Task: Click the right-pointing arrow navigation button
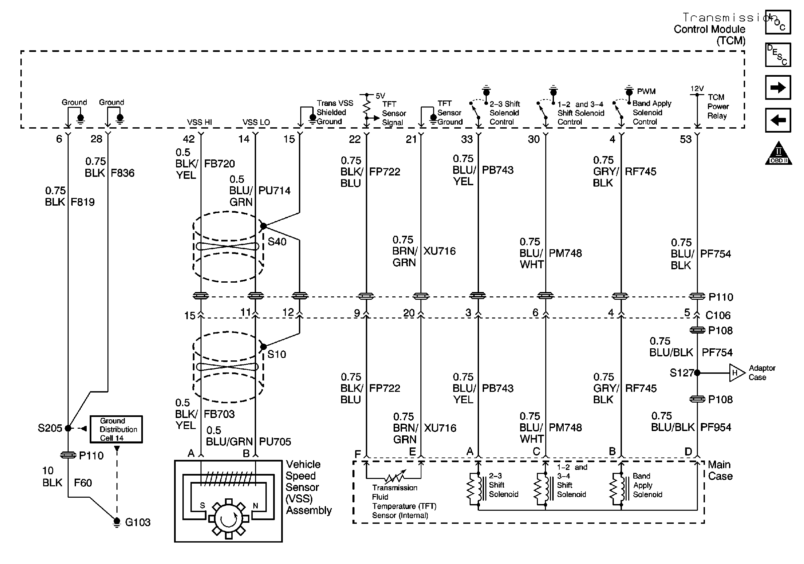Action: [x=778, y=87]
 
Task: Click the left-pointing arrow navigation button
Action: [x=778, y=120]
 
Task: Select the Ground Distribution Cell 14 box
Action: [x=116, y=429]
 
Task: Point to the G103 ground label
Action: [x=138, y=522]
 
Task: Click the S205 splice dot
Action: [x=68, y=428]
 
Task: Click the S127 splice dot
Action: [x=697, y=373]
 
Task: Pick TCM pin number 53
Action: [x=686, y=139]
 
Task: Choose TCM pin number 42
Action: [x=189, y=139]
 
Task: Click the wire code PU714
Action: [x=274, y=191]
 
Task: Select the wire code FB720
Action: [x=220, y=163]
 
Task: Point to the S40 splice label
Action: [x=277, y=242]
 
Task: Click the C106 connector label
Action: [x=718, y=315]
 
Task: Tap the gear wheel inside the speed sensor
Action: [x=229, y=518]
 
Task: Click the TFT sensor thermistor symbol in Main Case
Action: [x=394, y=477]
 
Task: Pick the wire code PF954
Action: [x=716, y=427]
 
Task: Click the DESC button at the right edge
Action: [x=778, y=55]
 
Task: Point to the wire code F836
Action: [x=123, y=173]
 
